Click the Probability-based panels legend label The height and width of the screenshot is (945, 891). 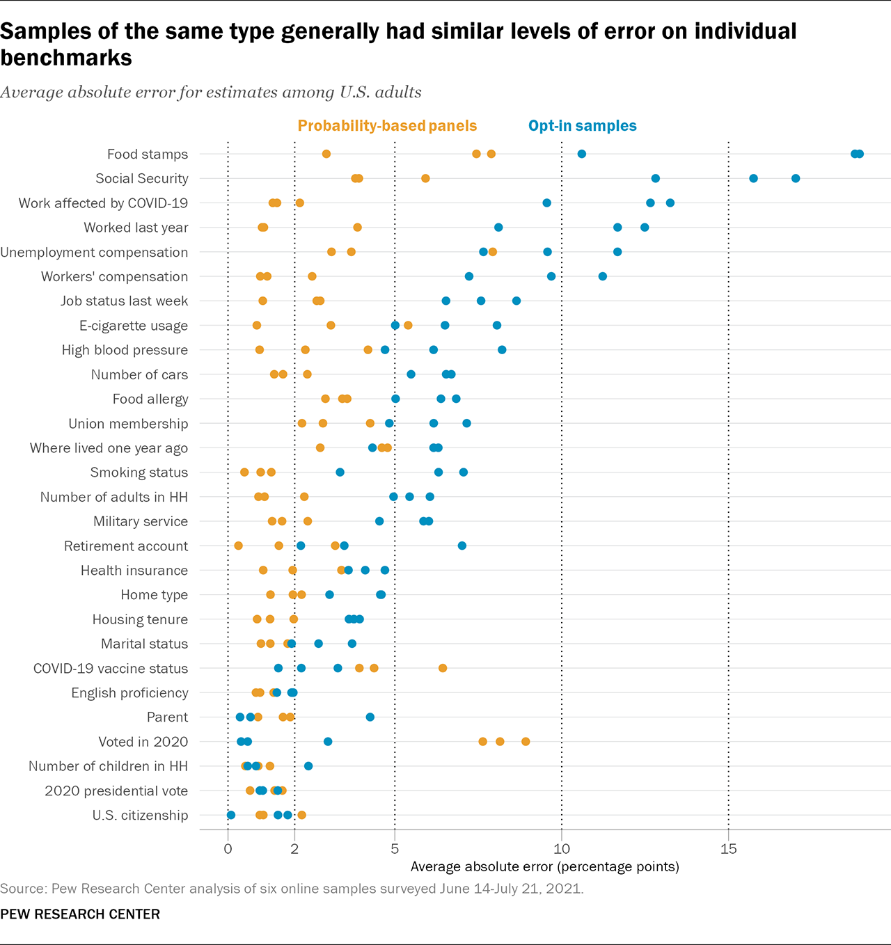(387, 126)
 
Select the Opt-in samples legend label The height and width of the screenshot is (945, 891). (582, 126)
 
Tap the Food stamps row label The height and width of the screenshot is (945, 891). (148, 154)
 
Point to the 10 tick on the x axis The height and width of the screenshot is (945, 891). (561, 849)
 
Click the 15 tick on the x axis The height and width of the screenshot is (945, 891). (728, 849)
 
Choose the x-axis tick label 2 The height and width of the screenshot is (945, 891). (294, 849)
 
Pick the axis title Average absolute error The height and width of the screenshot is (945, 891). (544, 867)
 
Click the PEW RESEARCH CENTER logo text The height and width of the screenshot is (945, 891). (80, 914)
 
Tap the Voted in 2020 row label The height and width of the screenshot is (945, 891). (143, 742)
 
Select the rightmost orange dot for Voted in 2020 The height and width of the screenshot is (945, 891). (526, 742)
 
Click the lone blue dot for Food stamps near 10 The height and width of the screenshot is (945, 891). (582, 154)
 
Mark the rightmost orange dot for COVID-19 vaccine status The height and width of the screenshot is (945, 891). (443, 668)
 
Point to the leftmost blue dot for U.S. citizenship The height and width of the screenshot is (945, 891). (231, 815)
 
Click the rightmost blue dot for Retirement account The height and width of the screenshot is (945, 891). (462, 546)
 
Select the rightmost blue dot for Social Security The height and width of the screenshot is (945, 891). (796, 179)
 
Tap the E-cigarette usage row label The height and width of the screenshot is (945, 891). (134, 326)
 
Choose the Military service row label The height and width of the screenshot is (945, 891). (141, 522)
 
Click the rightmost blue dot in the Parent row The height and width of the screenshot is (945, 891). (370, 717)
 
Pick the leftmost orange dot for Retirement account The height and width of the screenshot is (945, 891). (239, 546)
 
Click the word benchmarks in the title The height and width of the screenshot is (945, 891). (66, 58)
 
